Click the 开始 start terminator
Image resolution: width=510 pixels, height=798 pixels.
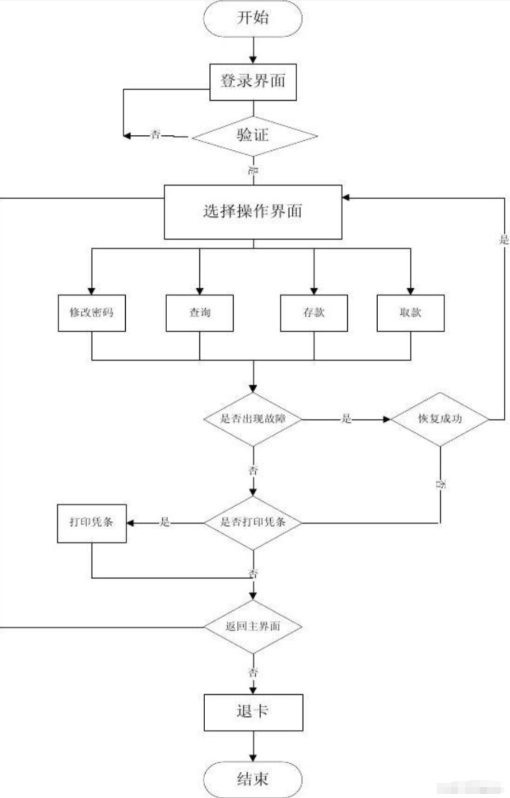point(254,18)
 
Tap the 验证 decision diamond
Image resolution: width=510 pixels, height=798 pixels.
point(254,136)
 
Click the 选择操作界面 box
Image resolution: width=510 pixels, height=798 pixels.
point(253,211)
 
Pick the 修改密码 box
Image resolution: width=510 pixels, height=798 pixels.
point(92,313)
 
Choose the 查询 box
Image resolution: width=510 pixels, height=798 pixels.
point(199,313)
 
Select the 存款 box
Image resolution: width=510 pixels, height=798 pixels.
point(314,313)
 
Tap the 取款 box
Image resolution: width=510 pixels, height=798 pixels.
point(410,313)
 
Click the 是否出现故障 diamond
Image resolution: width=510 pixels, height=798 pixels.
point(253,419)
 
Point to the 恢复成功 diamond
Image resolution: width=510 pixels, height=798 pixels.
point(440,419)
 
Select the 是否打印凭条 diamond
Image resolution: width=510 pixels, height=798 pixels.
point(253,523)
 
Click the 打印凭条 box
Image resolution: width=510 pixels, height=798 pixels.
point(92,523)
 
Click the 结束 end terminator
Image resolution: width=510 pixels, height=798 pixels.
point(253,779)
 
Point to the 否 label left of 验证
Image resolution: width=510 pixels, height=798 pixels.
point(156,135)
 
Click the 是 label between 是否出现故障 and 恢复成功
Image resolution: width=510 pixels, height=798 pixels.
point(346,419)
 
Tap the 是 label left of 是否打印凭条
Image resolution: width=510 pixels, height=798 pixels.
point(165,523)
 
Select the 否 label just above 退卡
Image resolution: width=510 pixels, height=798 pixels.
point(253,672)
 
